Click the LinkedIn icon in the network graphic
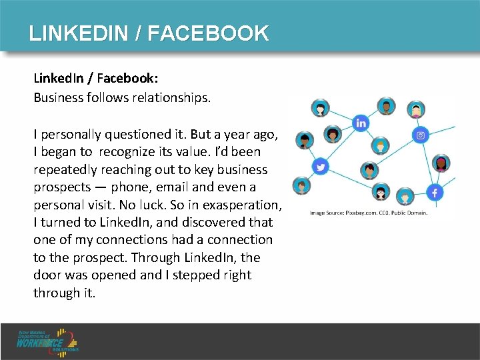[x=361, y=123]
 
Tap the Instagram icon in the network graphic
[x=421, y=135]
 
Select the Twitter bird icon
[x=320, y=167]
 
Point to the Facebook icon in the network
[x=435, y=193]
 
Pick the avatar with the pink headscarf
[x=417, y=109]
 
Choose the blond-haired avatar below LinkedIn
[x=381, y=144]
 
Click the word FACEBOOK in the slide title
[x=208, y=33]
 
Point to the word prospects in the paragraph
[x=62, y=187]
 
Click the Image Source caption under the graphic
[x=369, y=213]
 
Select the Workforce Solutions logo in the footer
[x=49, y=341]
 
